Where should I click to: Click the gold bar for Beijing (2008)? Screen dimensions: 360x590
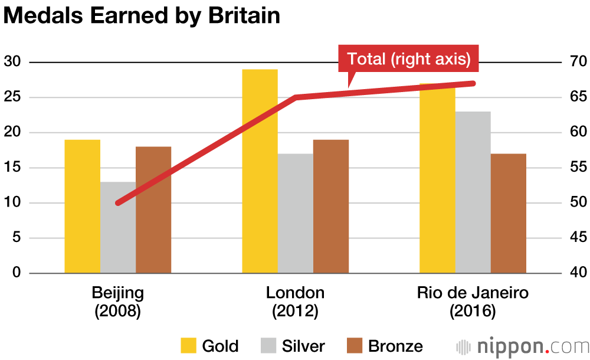coord(82,207)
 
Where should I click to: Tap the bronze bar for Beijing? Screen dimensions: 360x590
coord(153,210)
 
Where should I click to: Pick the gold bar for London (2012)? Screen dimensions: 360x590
coord(260,171)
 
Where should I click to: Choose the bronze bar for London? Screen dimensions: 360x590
coord(330,207)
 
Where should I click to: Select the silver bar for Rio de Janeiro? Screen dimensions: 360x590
coord(473,192)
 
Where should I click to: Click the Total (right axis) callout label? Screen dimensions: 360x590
coord(408,59)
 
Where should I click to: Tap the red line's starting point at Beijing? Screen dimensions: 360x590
coord(119,203)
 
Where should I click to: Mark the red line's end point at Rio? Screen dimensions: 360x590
coord(473,83)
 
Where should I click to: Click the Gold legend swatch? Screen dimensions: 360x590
coord(188,346)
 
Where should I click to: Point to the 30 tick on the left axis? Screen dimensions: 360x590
coord(12,62)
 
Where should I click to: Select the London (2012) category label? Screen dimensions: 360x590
coord(295,302)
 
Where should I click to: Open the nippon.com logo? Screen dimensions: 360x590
coord(522,346)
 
